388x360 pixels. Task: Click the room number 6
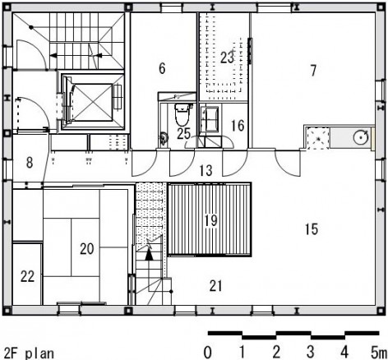(162, 68)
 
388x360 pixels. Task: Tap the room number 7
(313, 71)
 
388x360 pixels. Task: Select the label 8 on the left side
(30, 162)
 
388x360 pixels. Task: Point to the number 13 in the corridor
(206, 170)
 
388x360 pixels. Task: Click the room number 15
(312, 229)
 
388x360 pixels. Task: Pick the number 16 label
(238, 126)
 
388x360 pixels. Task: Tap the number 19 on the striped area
(211, 220)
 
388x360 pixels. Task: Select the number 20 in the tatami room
(87, 249)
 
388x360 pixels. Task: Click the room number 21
(215, 286)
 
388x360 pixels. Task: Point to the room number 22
(27, 276)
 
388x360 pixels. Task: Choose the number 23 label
(227, 58)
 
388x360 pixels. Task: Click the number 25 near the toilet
(183, 134)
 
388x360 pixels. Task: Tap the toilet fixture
(182, 114)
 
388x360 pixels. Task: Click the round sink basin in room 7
(361, 136)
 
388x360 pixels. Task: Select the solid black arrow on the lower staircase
(149, 255)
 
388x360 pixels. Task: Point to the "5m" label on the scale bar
(378, 352)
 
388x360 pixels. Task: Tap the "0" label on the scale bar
(207, 352)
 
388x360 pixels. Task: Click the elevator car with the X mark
(93, 102)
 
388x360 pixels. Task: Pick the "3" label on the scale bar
(310, 352)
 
